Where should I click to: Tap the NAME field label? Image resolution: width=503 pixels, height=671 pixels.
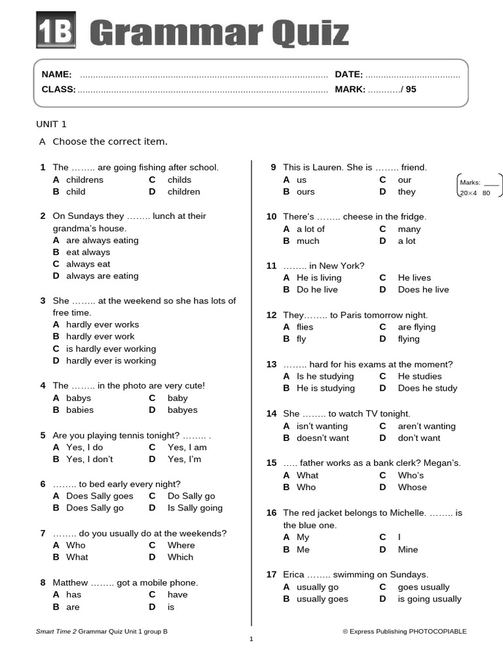pyautogui.click(x=57, y=75)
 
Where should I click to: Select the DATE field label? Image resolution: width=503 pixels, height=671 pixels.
pyautogui.click(x=348, y=75)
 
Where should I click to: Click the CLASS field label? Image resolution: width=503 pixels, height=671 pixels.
pyautogui.click(x=58, y=90)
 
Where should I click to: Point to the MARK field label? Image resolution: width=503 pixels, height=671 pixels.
pyautogui.click(x=350, y=90)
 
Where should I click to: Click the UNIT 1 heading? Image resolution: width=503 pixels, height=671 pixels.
pyautogui.click(x=51, y=125)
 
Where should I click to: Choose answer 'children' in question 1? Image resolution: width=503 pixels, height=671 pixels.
pyautogui.click(x=184, y=192)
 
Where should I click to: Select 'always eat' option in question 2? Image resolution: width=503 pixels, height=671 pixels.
pyautogui.click(x=88, y=264)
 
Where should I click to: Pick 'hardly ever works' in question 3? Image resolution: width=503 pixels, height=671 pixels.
pyautogui.click(x=102, y=324)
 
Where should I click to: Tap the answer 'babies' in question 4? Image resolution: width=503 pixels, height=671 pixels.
pyautogui.click(x=80, y=410)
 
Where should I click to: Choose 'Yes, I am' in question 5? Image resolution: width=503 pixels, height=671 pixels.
pyautogui.click(x=187, y=448)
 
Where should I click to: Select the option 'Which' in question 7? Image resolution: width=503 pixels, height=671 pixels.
pyautogui.click(x=180, y=557)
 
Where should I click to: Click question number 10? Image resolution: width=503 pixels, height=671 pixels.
pyautogui.click(x=271, y=217)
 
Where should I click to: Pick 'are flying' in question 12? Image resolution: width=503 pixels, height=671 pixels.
pyautogui.click(x=416, y=327)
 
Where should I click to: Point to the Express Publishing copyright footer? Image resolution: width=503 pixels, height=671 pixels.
pyautogui.click(x=404, y=632)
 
